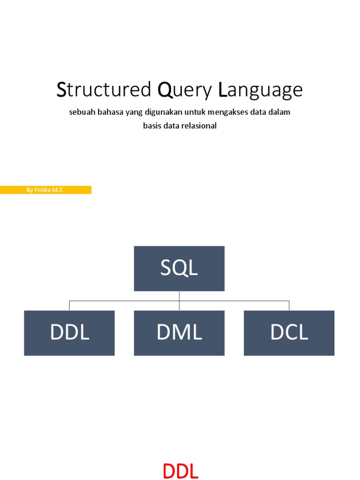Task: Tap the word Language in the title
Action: click(261, 90)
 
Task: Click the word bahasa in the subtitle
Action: click(108, 112)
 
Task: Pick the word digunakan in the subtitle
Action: click(158, 112)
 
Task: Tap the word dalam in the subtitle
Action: click(280, 112)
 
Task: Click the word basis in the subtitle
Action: click(152, 126)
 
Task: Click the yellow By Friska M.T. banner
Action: click(45, 190)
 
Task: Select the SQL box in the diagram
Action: click(179, 269)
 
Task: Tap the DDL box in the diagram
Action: click(69, 333)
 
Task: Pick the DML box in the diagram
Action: click(179, 333)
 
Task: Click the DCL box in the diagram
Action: click(289, 333)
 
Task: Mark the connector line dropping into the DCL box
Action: click(289, 305)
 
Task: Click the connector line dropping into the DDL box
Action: click(69, 305)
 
